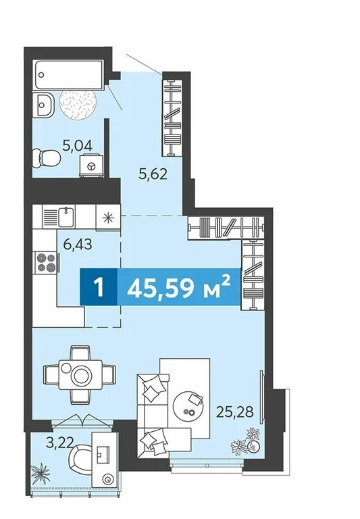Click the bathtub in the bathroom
coord(68,75)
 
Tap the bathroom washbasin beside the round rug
coord(43,105)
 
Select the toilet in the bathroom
coord(47,158)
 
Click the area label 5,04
coord(78,146)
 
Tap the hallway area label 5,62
coord(153,174)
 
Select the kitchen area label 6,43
coord(78,245)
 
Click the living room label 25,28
coord(235,412)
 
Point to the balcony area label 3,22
coord(59,443)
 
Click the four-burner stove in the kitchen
coord(46,262)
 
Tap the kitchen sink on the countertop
coord(66,216)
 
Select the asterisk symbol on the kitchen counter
coord(107,218)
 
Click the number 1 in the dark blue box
coord(98,287)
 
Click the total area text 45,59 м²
coord(178,287)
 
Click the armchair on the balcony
coord(81,461)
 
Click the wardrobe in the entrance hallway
coord(173,118)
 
